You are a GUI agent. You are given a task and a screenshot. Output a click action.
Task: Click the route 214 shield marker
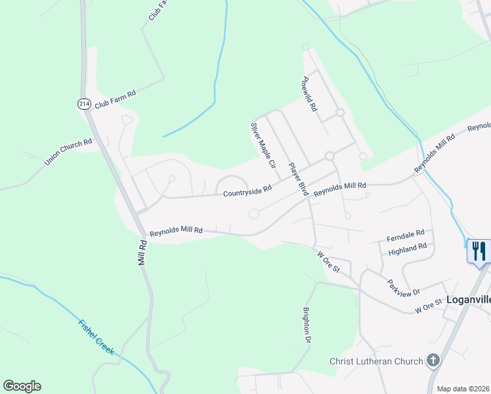click(x=83, y=104)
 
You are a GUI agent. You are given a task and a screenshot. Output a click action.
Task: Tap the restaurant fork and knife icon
click(x=479, y=250)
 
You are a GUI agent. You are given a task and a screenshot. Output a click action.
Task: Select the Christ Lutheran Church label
click(x=376, y=361)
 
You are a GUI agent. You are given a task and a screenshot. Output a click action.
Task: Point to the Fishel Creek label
click(x=96, y=337)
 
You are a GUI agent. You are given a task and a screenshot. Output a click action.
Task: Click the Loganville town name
click(x=468, y=299)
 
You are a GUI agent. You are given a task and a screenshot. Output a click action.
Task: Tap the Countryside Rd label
click(x=247, y=191)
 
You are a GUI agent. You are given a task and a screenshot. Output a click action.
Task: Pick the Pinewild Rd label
click(x=309, y=93)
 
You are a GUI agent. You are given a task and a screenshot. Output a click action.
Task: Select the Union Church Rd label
click(x=68, y=153)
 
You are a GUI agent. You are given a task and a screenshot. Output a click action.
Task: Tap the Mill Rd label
click(x=142, y=252)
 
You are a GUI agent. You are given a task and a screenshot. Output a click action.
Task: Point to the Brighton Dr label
click(x=306, y=326)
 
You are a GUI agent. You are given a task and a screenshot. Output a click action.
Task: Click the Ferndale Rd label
click(x=406, y=233)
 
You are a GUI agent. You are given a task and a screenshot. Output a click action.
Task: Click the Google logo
click(x=22, y=386)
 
